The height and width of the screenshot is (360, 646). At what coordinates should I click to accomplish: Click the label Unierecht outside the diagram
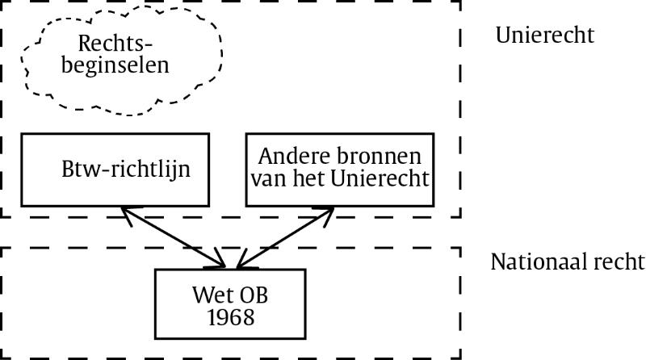coord(545,36)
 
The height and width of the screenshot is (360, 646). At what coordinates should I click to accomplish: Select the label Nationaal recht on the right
coord(568,262)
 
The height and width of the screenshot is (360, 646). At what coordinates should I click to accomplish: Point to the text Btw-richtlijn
coord(125,171)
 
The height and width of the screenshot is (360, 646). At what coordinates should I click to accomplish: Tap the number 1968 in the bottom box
coord(230,317)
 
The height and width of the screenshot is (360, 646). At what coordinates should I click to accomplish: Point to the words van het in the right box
coord(299,178)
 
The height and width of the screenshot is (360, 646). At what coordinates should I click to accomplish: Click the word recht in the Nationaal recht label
coord(619,262)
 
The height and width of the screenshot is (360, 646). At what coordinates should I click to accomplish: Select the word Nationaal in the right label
coord(540,262)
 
